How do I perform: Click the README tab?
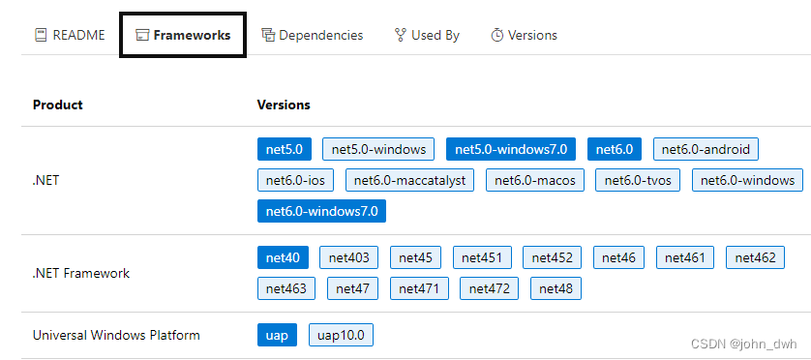pyautogui.click(x=69, y=35)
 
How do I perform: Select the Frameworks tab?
pyautogui.click(x=183, y=35)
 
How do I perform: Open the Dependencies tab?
pyautogui.click(x=312, y=35)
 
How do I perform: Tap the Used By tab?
pyautogui.click(x=427, y=35)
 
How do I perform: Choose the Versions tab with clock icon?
pyautogui.click(x=524, y=35)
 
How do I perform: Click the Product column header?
pyautogui.click(x=57, y=105)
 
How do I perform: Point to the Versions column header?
pyautogui.click(x=284, y=105)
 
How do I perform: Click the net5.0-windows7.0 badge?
pyautogui.click(x=511, y=149)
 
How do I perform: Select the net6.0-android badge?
pyautogui.click(x=706, y=149)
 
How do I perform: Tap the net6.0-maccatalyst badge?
pyautogui.click(x=410, y=180)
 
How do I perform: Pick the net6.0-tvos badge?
pyautogui.click(x=639, y=180)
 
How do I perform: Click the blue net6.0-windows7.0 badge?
pyautogui.click(x=321, y=211)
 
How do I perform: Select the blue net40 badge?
pyautogui.click(x=284, y=257)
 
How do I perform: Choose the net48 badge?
pyautogui.click(x=556, y=288)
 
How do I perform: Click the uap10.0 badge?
pyautogui.click(x=341, y=335)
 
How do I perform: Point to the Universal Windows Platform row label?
pyautogui.click(x=116, y=335)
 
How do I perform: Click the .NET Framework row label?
pyautogui.click(x=81, y=273)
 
